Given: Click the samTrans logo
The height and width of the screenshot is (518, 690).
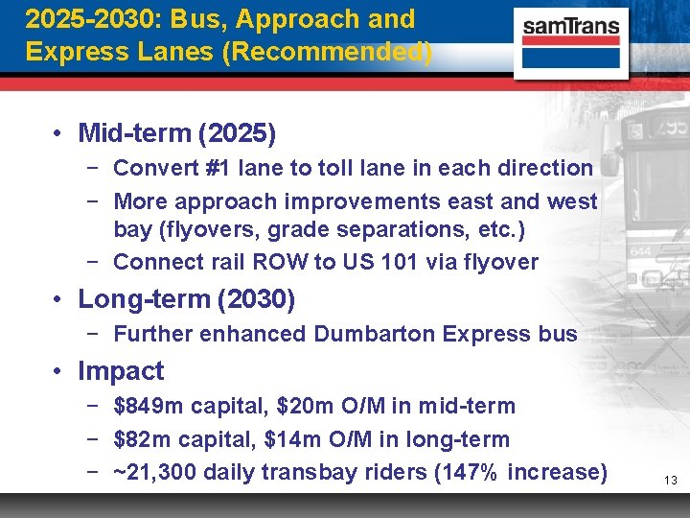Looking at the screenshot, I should click(571, 40).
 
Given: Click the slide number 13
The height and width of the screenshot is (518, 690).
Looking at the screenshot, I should click(670, 479).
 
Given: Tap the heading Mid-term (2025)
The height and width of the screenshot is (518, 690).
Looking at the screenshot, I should click(177, 132).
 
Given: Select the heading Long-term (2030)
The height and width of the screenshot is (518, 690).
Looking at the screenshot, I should click(186, 299).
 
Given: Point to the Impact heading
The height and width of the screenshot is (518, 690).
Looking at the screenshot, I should click(121, 371).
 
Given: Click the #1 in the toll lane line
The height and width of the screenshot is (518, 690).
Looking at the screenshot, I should click(216, 168).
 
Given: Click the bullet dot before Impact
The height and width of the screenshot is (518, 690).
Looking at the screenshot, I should click(59, 372).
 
